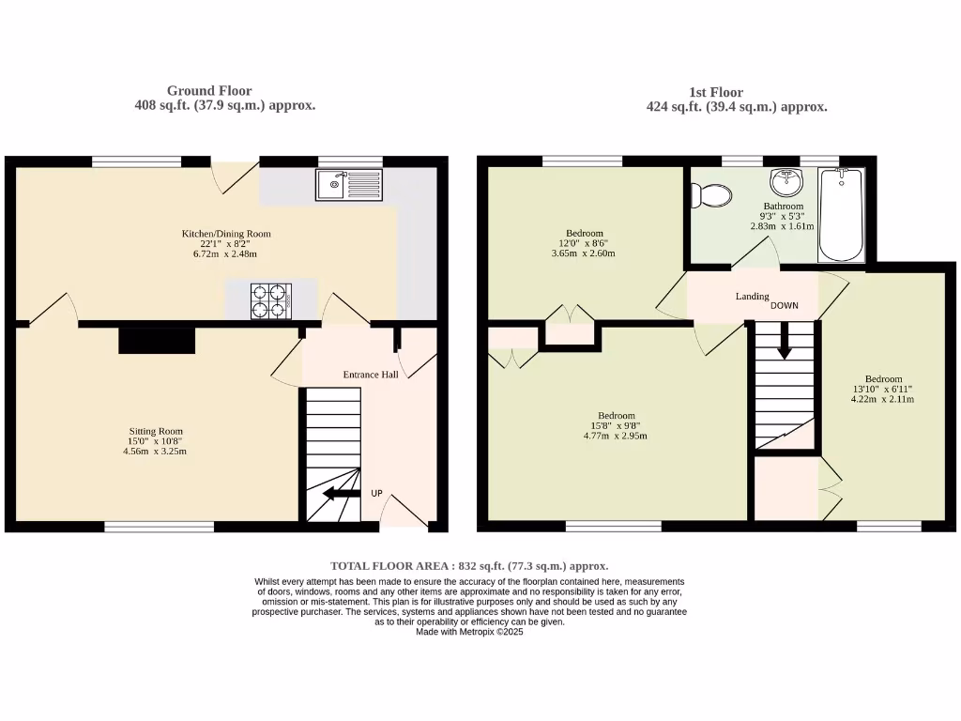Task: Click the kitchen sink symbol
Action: pyautogui.click(x=349, y=185)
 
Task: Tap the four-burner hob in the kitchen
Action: pyautogui.click(x=269, y=301)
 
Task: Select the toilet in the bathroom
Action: pyautogui.click(x=711, y=195)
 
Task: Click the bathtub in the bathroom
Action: pyautogui.click(x=842, y=215)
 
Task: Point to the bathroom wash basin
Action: pyautogui.click(x=783, y=180)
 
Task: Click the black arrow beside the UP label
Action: pyautogui.click(x=341, y=494)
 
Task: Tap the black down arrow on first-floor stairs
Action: pyautogui.click(x=784, y=341)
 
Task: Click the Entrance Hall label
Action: pyautogui.click(x=371, y=375)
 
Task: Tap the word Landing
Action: pyautogui.click(x=752, y=297)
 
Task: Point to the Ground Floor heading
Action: pyautogui.click(x=209, y=91)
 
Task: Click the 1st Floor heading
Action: pyautogui.click(x=715, y=92)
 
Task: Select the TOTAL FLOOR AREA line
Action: pyautogui.click(x=469, y=566)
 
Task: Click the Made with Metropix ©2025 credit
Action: pyautogui.click(x=469, y=632)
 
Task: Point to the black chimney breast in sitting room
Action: pyautogui.click(x=157, y=339)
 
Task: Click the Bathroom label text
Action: pyautogui.click(x=783, y=207)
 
